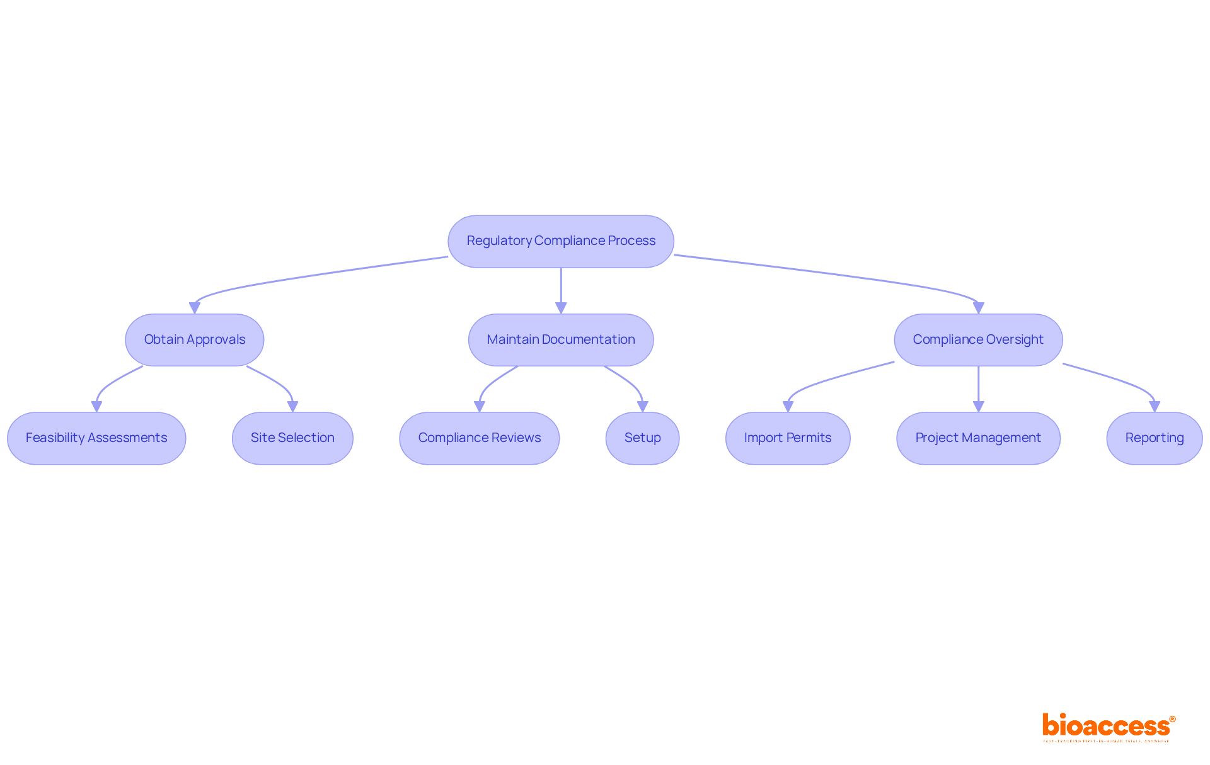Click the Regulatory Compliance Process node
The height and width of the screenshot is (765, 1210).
tap(560, 241)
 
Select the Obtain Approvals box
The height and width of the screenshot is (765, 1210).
tap(194, 339)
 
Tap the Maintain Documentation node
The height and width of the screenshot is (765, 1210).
tap(560, 339)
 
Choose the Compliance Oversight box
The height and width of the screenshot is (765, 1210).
tap(977, 339)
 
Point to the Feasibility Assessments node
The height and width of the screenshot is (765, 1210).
tap(96, 438)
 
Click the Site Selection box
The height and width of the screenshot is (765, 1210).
tap(292, 438)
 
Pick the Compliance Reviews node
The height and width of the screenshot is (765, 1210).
tap(479, 438)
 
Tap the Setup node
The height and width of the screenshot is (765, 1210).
tap(642, 438)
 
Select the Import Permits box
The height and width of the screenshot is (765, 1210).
tap(787, 438)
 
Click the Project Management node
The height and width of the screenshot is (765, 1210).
tap(977, 438)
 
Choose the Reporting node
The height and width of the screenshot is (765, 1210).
tap(1154, 438)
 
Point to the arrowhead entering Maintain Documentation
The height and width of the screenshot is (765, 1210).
tap(561, 308)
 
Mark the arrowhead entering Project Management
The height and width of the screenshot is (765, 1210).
tap(978, 407)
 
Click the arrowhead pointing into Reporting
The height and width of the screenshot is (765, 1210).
tap(1154, 407)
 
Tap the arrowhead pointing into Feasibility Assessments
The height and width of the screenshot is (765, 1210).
tap(96, 407)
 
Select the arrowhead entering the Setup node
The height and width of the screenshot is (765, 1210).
tap(642, 407)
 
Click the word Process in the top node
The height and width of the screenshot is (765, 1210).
tap(631, 241)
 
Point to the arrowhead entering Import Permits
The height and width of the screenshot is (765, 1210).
tap(788, 407)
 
